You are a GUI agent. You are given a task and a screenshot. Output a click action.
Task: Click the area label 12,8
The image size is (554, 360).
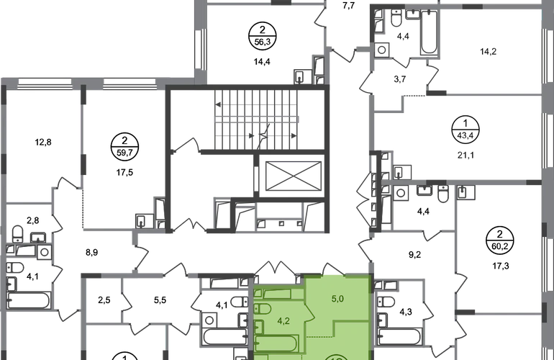[43, 142]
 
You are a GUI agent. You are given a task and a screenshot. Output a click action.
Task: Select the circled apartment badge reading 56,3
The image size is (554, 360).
[262, 35]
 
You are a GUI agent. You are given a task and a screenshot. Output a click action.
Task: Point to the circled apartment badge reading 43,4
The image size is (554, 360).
[466, 130]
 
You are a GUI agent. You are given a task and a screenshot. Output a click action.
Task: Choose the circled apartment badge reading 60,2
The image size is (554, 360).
[499, 240]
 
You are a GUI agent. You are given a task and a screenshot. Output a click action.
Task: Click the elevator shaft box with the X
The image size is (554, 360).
[294, 176]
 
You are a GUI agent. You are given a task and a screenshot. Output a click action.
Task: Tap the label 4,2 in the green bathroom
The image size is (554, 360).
[283, 321]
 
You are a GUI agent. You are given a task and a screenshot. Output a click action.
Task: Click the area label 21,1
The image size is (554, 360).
[466, 155]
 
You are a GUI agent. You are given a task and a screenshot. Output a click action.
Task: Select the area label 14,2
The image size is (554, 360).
[488, 52]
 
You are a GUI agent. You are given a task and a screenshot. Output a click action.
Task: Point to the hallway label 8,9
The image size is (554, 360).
[91, 253]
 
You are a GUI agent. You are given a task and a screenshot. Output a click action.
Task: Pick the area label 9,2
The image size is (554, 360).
[415, 255]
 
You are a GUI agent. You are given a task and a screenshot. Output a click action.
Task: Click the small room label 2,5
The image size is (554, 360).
[104, 300]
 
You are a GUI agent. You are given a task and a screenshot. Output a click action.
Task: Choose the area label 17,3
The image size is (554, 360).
[501, 266]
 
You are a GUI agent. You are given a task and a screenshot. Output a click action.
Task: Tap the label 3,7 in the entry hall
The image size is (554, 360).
[399, 79]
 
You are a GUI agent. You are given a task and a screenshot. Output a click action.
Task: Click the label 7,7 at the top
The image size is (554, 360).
[349, 6]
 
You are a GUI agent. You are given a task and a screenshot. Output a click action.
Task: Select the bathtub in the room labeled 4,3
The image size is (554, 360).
[399, 337]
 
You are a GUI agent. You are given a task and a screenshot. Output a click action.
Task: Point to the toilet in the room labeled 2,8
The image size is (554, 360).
[17, 234]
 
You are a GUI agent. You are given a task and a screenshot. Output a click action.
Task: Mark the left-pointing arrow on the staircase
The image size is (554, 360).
[218, 104]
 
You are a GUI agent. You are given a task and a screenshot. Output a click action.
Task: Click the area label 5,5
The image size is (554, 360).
[160, 300]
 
